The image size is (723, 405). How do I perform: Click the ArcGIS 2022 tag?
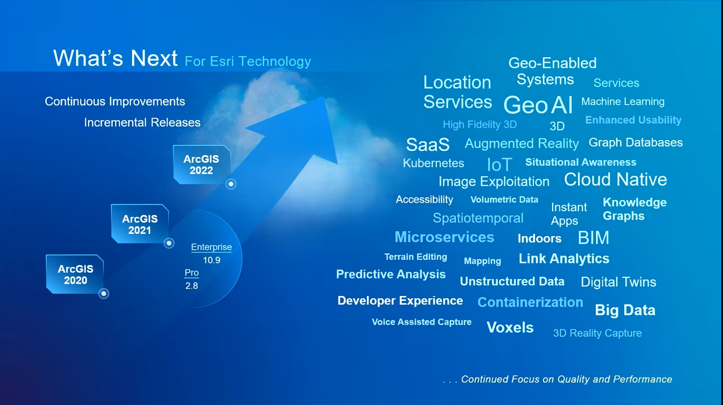[201, 165]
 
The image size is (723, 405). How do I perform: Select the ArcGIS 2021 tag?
[140, 224]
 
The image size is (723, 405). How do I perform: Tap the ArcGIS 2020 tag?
[75, 274]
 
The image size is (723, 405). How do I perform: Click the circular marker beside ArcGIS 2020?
[104, 294]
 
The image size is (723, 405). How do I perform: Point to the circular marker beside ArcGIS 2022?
[231, 184]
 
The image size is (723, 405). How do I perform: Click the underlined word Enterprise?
[212, 247]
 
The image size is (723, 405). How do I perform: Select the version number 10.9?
[212, 260]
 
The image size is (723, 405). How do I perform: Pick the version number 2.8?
[191, 285]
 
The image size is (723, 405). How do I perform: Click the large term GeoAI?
[538, 105]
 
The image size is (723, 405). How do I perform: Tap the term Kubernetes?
[433, 163]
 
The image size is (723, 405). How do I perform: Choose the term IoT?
[499, 164]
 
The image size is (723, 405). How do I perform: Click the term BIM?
[593, 238]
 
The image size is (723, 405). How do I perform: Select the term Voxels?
[510, 328]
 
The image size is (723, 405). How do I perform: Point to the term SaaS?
[428, 145]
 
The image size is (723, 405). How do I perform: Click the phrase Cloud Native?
[615, 179]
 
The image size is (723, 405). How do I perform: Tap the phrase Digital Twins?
[619, 282]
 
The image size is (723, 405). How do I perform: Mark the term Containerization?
[531, 302]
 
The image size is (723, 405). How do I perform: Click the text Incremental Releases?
[142, 123]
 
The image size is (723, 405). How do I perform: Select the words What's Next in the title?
[115, 58]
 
